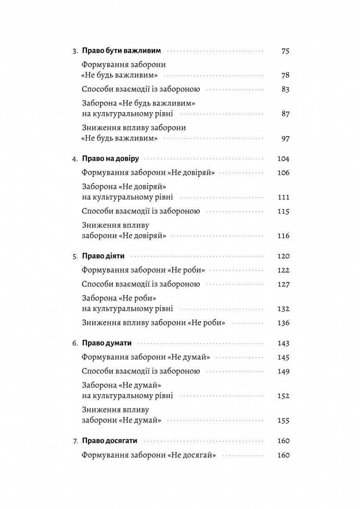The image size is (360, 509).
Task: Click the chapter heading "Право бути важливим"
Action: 121,51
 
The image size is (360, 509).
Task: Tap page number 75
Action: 285,51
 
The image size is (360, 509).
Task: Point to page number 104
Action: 283,159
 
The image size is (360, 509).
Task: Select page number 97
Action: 285,139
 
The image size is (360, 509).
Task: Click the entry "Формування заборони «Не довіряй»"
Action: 148,173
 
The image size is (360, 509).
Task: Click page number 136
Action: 283,323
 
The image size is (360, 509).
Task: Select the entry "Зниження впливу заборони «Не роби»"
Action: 153,323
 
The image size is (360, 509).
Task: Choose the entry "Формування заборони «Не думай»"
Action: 146,357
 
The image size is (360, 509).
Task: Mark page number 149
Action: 283,372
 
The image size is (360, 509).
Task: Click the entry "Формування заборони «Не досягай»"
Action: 149,455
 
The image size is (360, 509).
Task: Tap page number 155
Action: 283,421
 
